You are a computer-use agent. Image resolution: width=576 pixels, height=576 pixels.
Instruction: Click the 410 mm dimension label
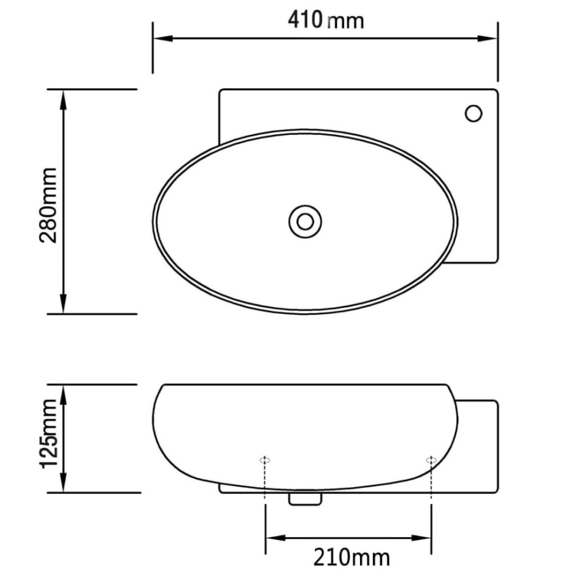[325, 19]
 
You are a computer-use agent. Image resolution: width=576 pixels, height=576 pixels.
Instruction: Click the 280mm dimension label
[49, 205]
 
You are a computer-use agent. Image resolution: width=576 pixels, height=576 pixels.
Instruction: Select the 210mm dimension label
[351, 556]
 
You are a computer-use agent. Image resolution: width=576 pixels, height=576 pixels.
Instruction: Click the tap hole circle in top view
[473, 113]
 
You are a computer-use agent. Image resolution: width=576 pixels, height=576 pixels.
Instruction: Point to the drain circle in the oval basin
[304, 221]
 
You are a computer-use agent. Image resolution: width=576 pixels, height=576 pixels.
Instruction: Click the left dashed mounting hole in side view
[265, 460]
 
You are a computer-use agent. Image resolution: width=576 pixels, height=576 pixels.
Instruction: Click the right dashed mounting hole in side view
[431, 460]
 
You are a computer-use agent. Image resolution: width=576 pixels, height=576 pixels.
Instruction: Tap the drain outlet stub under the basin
[305, 499]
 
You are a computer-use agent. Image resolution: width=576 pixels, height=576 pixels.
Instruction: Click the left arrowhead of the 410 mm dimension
[160, 38]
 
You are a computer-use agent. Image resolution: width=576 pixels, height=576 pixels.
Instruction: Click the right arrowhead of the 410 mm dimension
[490, 38]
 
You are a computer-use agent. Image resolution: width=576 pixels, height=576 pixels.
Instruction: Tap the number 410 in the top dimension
[305, 19]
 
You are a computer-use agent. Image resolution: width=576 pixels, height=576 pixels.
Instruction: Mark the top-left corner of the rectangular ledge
[220, 91]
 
